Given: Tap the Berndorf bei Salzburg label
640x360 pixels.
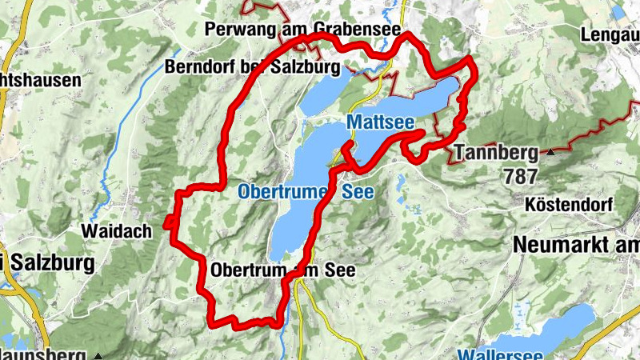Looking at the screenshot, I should [253, 66].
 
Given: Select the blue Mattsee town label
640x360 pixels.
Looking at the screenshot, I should [380, 122].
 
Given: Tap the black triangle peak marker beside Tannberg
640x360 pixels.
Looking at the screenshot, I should [551, 151].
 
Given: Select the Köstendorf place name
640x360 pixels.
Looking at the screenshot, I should [570, 206].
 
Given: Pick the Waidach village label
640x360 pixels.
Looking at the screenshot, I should [117, 231].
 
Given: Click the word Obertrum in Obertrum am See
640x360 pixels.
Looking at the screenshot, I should [247, 271].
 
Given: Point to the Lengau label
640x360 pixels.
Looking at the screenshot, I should [610, 34].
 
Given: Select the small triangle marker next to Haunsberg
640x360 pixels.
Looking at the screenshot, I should [98, 354].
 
